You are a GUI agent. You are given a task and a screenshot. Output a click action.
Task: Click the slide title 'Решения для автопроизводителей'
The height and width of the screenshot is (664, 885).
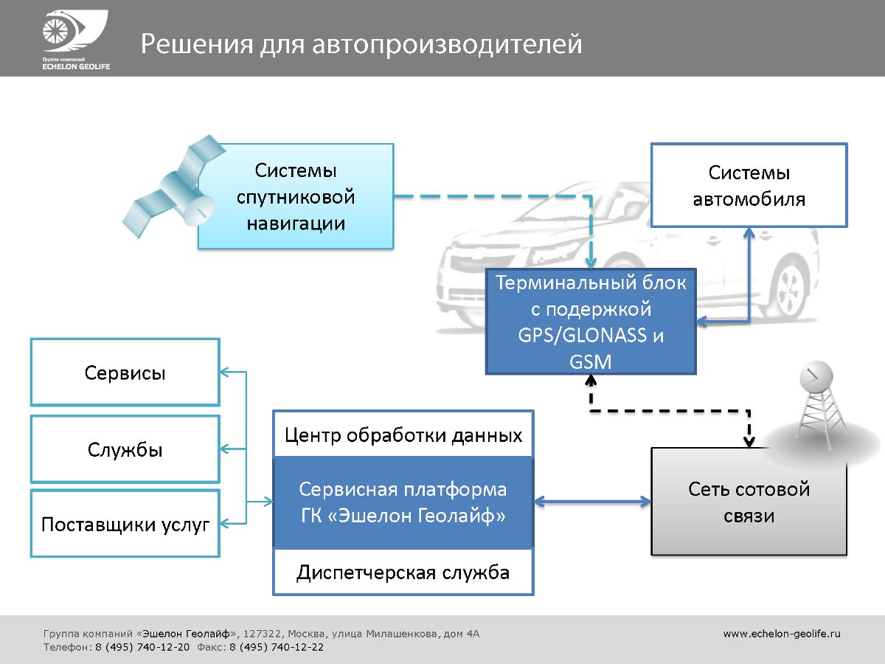tap(361, 44)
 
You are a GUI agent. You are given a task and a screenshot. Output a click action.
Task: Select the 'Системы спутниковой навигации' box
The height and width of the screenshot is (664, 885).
tap(296, 196)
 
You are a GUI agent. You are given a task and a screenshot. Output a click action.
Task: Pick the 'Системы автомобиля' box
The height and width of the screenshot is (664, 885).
tap(749, 185)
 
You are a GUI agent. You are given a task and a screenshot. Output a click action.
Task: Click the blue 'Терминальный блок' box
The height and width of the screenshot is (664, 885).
tap(591, 322)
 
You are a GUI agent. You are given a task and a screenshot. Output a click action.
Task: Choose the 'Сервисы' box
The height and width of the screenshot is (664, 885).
tap(125, 373)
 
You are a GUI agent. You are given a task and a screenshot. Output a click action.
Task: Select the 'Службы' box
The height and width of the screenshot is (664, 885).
tap(125, 449)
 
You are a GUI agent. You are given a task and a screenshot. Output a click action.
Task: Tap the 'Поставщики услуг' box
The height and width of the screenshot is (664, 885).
tap(125, 525)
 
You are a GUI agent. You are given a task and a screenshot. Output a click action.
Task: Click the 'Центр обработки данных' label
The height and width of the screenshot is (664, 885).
tap(403, 435)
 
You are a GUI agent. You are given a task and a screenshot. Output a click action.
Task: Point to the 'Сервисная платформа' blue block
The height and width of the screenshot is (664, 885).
tap(403, 502)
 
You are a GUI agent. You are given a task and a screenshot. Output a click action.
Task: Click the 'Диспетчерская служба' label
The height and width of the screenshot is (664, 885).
tap(403, 573)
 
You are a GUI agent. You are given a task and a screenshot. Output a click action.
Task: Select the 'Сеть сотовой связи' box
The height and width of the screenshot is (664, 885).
tap(749, 502)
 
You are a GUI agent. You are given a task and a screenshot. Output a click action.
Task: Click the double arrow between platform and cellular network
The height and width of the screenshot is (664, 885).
tap(592, 502)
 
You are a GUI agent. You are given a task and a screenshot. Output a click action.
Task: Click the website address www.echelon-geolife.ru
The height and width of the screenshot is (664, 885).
tap(781, 633)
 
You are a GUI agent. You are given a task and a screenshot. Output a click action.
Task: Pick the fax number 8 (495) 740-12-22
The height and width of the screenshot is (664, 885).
tap(276, 647)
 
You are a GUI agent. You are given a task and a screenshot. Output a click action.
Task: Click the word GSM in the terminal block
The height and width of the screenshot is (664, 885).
tap(591, 361)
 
